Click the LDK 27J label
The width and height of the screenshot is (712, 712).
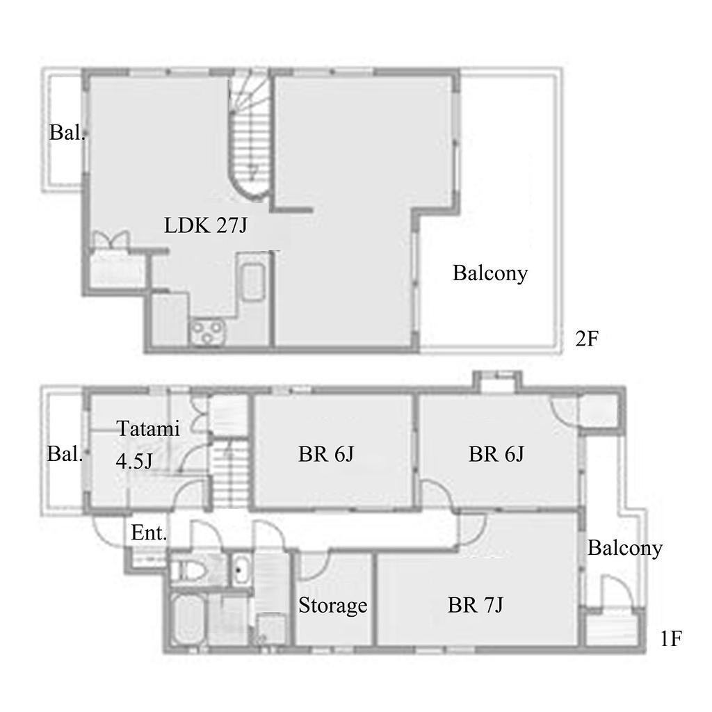[x=206, y=225]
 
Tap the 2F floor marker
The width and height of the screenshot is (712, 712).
[x=587, y=339]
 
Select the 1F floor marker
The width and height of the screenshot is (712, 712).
[x=671, y=639]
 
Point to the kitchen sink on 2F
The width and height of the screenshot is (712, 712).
[x=252, y=282]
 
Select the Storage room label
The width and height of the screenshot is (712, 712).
[x=333, y=606]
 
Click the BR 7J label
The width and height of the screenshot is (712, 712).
[x=476, y=605]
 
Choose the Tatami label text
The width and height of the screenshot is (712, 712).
[x=148, y=428]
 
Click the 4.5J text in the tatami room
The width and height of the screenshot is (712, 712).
[x=134, y=462]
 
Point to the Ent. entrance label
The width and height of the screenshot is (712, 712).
[x=149, y=533]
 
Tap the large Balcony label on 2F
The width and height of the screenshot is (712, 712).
[x=490, y=273]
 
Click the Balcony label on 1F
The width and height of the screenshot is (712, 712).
[x=625, y=548]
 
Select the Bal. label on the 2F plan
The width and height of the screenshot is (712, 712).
[x=67, y=133]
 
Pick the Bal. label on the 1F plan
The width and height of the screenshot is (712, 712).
[x=65, y=454]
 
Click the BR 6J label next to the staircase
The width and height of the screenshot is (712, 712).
[x=326, y=454]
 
